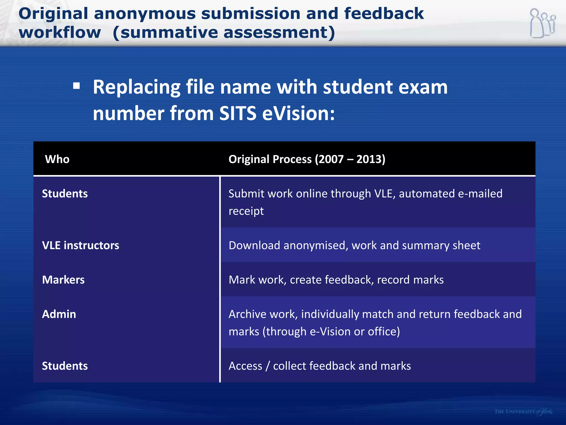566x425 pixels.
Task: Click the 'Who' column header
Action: pos(57,159)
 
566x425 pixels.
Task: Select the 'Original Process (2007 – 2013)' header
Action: pos(307,159)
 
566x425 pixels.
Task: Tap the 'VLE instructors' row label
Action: pos(80,245)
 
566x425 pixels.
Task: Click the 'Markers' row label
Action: pos(63,280)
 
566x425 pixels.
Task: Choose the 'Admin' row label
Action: pos(59,314)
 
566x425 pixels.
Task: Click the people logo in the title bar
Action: pos(543,23)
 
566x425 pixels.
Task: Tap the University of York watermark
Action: pos(523,412)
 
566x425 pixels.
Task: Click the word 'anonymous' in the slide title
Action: pos(145,14)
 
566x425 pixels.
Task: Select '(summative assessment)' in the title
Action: pos(224,33)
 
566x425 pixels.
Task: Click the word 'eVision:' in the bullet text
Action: pos(298,113)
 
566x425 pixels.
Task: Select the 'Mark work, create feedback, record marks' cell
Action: pos(336,280)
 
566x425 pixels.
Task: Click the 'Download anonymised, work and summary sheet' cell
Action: pos(354,245)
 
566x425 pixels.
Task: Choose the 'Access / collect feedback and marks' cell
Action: pos(320,366)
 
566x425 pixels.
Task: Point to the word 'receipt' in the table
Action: pos(246,211)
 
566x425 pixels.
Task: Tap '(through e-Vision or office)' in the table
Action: pos(331,331)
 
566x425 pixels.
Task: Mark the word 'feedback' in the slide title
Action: pos(384,14)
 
